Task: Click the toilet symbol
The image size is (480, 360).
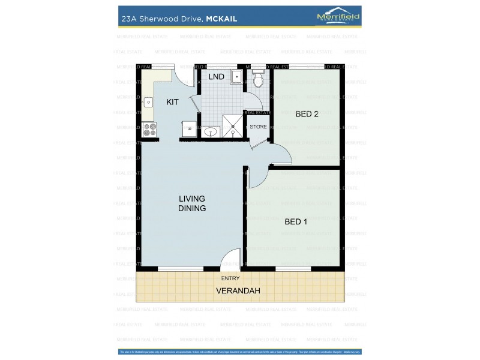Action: click(259, 80)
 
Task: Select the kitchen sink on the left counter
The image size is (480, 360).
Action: click(148, 103)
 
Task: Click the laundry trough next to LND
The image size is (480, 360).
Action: click(236, 77)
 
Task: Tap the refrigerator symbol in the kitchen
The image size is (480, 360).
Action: click(189, 128)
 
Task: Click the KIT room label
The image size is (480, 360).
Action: click(172, 102)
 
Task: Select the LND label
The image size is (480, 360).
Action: click(217, 77)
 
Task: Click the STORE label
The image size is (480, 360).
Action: click(258, 127)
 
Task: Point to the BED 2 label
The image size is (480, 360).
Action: click(307, 114)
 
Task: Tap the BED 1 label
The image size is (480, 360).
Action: click(296, 221)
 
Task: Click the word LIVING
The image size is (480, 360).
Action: click(192, 199)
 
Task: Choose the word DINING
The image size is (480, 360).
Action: click(192, 208)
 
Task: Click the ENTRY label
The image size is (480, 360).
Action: click(230, 278)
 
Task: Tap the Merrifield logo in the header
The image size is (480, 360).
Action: click(338, 17)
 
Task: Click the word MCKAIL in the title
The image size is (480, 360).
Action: click(221, 19)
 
